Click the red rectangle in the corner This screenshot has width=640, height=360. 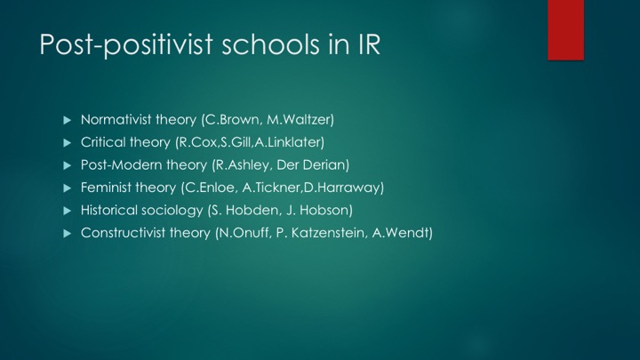(565, 30)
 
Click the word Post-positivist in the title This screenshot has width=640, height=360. (126, 44)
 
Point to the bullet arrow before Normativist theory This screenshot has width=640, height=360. (68, 120)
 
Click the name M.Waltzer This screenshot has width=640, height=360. (300, 120)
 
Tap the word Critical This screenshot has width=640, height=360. (103, 142)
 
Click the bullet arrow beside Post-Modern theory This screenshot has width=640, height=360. (68, 165)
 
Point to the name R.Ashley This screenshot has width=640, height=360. (241, 165)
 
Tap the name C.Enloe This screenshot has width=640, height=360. (208, 188)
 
